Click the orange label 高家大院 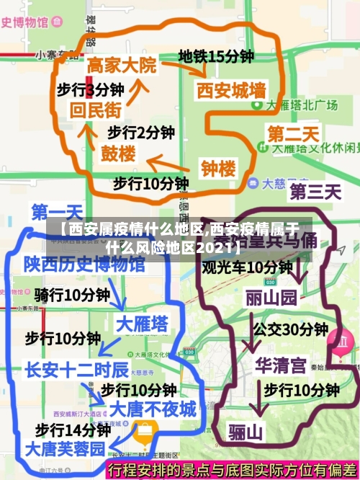[122, 65]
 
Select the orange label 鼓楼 [118, 154]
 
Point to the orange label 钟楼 [218, 169]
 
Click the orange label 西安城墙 [231, 91]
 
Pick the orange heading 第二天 [293, 133]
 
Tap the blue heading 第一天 [57, 212]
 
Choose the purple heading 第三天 [315, 192]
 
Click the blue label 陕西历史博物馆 [84, 264]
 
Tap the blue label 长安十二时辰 [76, 370]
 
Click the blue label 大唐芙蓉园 [65, 448]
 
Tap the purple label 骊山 [246, 432]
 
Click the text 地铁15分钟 [216, 55]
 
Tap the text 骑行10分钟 [72, 294]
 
